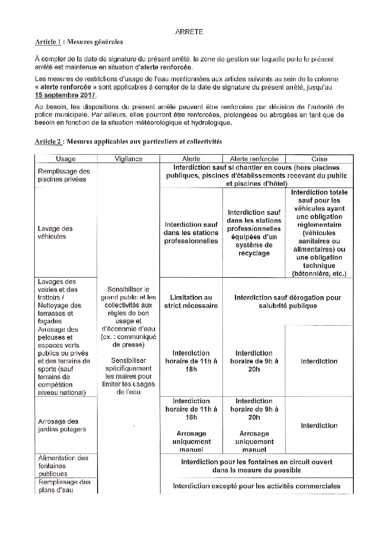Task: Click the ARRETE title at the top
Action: [189, 32]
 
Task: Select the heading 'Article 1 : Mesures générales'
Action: [79, 42]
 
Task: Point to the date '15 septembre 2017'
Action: [65, 95]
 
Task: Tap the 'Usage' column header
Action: [66, 159]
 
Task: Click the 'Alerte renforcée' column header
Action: [254, 159]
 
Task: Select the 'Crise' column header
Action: [320, 159]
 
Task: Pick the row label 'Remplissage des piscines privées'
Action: [64, 176]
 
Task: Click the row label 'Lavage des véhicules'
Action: [55, 232]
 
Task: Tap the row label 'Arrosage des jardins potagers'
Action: [59, 425]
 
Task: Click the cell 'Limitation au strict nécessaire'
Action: [191, 302]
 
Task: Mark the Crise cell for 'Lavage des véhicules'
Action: [320, 233]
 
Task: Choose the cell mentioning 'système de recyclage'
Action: [254, 233]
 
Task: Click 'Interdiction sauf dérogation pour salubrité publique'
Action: [288, 302]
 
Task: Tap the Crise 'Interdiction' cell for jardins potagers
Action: [320, 425]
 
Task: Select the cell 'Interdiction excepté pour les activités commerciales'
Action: [257, 486]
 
